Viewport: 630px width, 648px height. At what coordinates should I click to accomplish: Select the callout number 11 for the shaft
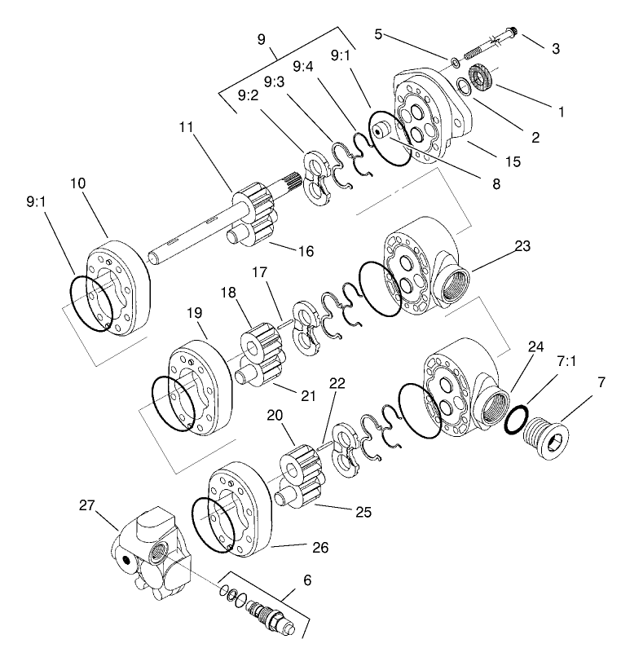tap(187, 127)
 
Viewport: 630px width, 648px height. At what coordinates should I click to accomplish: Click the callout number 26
tap(320, 548)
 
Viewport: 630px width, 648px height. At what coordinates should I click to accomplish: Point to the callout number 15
tap(512, 161)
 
